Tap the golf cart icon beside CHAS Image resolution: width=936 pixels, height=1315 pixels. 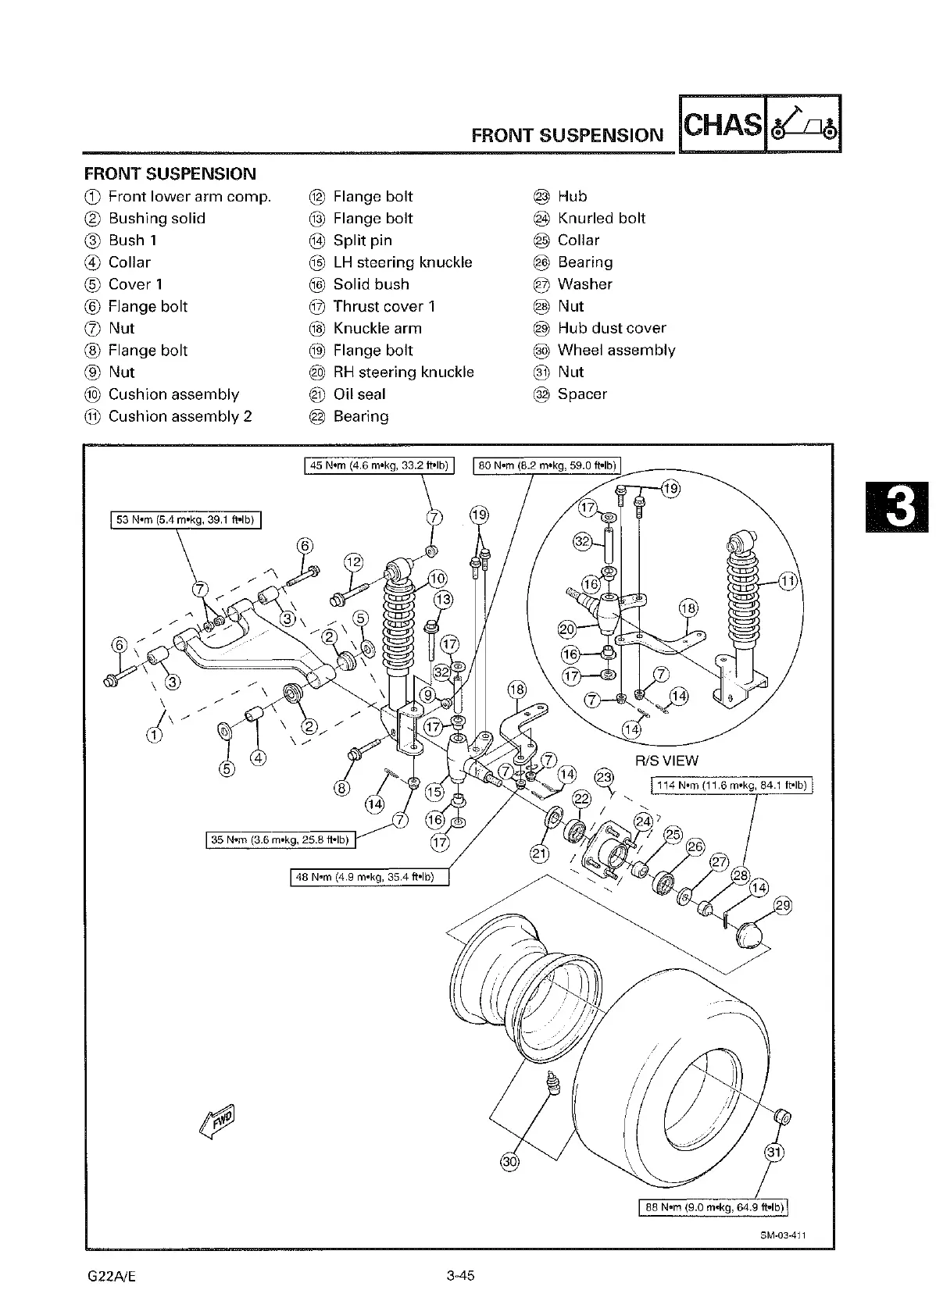(x=803, y=124)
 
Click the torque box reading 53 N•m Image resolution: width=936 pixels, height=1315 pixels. (x=185, y=520)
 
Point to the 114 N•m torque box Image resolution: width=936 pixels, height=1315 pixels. (x=732, y=785)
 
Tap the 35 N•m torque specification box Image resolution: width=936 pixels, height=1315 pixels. (x=280, y=840)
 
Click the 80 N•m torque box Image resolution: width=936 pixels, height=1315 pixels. (x=548, y=466)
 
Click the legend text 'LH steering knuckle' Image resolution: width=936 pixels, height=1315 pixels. (x=402, y=262)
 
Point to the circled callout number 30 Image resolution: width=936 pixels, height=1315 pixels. (x=509, y=1161)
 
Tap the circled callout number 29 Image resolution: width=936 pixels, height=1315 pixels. (x=782, y=906)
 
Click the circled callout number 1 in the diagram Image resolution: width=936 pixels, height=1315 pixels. (x=155, y=735)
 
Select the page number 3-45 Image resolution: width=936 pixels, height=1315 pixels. (x=461, y=1276)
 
